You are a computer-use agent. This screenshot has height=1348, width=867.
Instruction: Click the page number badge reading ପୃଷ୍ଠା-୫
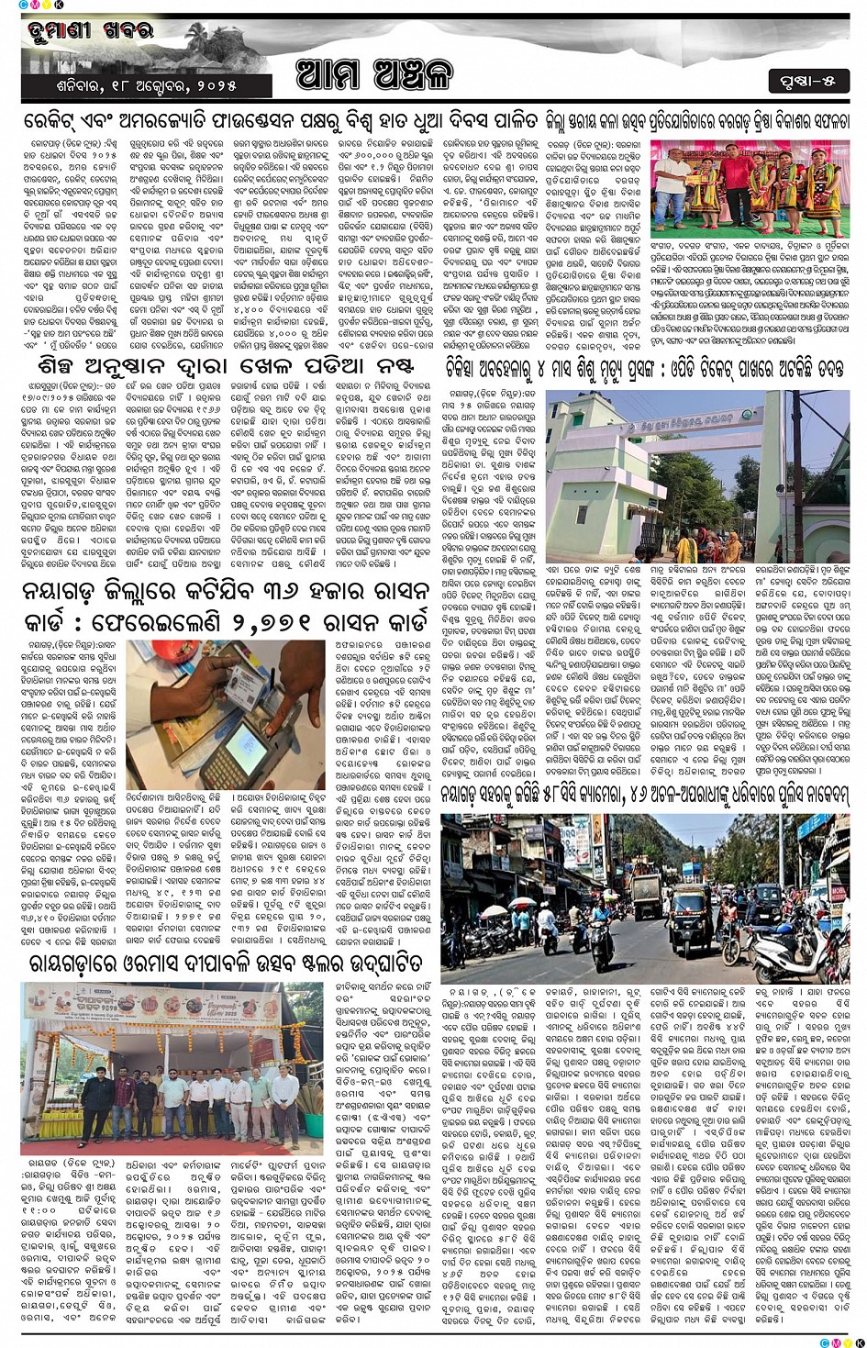[x=808, y=80]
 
